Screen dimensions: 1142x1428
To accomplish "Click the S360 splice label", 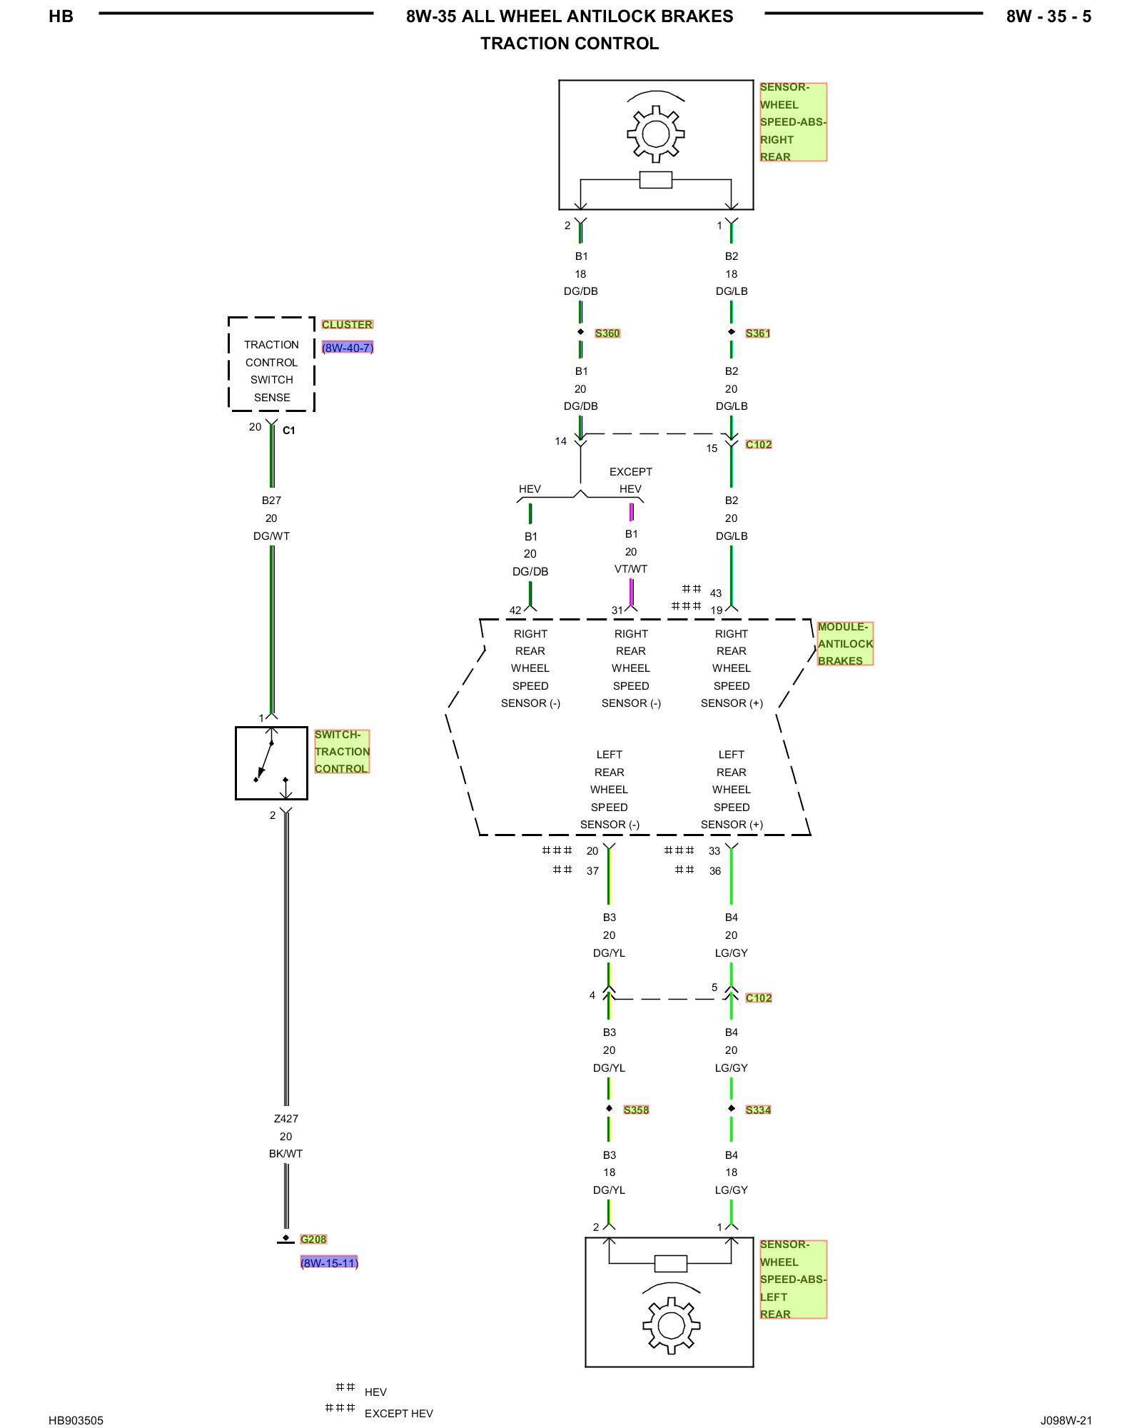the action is pos(607,333).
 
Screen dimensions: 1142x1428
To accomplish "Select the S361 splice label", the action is pos(758,333).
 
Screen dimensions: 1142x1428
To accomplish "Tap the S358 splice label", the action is pos(636,1110).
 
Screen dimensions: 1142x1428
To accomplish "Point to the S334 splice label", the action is pos(758,1110).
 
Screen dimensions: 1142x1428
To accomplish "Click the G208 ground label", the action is pos(313,1240).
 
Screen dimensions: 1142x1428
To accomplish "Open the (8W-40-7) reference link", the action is pos(348,348).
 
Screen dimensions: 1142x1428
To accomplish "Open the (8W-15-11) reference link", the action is pos(329,1263).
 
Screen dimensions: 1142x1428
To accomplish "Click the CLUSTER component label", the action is pos(347,324).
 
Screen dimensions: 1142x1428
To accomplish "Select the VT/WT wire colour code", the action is pos(631,569).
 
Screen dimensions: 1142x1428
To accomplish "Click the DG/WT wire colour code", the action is pos(271,536).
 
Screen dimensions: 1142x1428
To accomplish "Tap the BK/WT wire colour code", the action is pos(285,1154).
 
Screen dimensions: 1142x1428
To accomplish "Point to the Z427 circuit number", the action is pos(285,1119).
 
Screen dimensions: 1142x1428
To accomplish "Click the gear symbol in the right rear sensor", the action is pos(656,134).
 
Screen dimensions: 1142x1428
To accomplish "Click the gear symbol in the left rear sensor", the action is pos(671,1326).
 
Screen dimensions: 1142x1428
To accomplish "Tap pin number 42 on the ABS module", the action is pos(515,610).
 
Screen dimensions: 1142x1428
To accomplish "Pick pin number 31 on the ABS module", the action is pos(617,610).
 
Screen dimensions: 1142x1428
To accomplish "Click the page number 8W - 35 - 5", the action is pos(1048,16).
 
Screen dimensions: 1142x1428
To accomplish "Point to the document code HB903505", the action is pos(76,1420).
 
